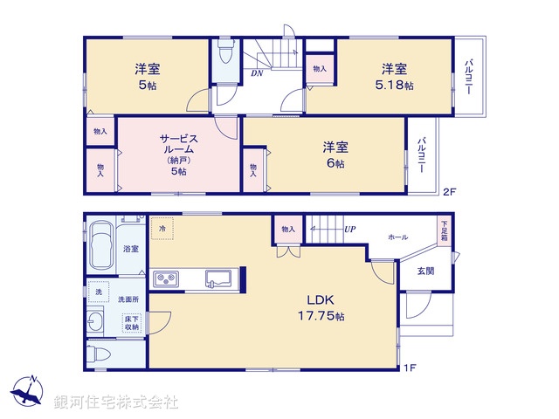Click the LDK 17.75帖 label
coord(320,306)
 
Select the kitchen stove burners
coord(166,279)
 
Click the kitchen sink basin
coord(217,279)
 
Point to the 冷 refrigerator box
coord(162,229)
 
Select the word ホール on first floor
coord(397,237)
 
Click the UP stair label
coord(350,230)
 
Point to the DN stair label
coord(258,74)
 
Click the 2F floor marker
coord(449,192)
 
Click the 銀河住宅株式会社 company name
coord(116,402)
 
